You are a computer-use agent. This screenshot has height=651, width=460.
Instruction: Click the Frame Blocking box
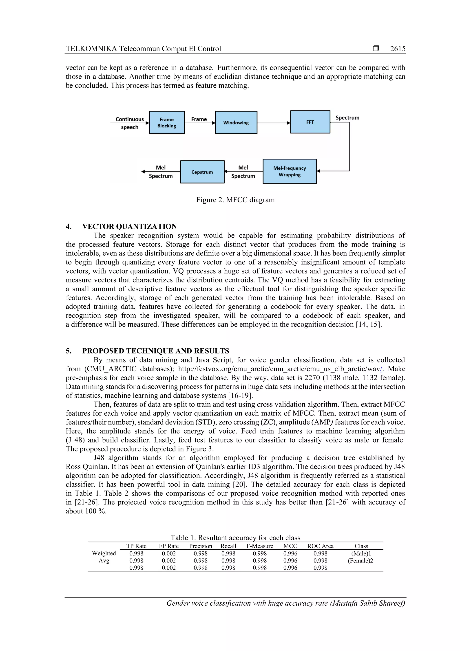point(167,122)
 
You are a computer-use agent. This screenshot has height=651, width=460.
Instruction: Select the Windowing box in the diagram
point(236,122)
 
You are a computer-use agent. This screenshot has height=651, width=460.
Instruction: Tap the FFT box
point(310,122)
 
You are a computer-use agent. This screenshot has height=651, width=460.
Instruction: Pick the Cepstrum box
point(202,172)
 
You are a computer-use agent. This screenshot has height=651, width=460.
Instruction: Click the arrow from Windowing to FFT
point(274,123)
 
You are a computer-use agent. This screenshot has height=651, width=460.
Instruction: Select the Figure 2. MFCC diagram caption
point(235,200)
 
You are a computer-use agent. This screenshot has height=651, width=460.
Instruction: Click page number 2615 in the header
point(397,49)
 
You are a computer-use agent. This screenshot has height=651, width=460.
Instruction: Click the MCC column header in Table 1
point(290,546)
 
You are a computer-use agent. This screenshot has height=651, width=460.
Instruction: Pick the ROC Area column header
point(320,546)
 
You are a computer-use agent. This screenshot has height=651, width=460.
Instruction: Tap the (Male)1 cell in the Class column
point(361,553)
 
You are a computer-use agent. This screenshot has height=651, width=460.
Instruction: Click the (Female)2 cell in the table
point(360,560)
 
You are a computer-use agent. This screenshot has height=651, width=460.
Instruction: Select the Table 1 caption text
point(235,538)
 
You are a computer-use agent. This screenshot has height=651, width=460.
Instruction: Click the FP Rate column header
point(169,546)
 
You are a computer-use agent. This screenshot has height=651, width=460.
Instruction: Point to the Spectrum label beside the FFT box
point(347,118)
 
